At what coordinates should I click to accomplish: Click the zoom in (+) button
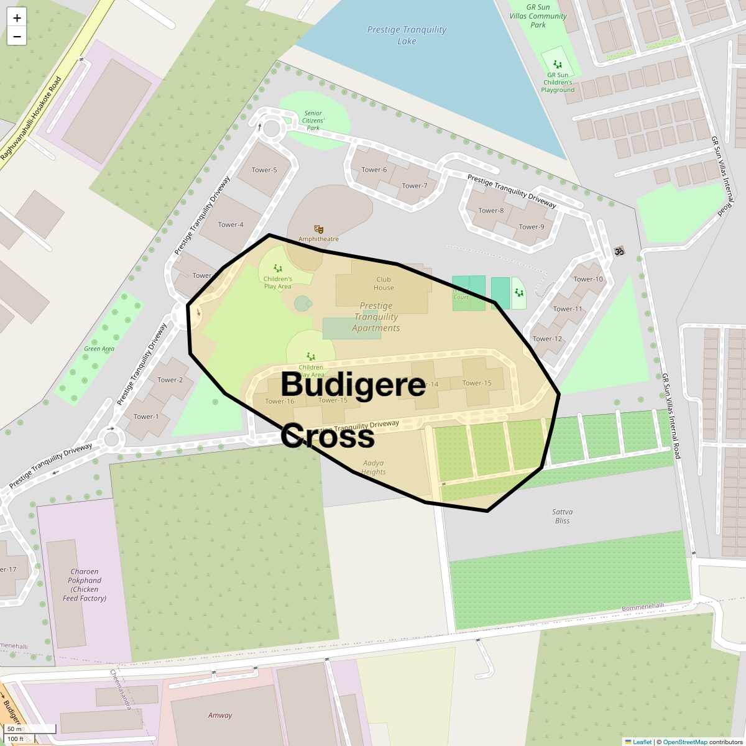[17, 18]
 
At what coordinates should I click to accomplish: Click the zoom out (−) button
[17, 36]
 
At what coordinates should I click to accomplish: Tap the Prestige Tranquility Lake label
[407, 35]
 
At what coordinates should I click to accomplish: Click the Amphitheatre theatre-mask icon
[319, 229]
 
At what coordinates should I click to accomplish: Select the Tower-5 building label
[264, 170]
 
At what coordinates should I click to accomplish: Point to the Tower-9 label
[531, 227]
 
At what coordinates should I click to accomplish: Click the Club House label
[384, 283]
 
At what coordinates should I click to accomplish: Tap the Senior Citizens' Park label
[313, 121]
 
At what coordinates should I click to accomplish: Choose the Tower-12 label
[547, 339]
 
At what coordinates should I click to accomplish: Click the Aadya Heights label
[374, 467]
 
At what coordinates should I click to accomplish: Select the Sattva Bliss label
[562, 516]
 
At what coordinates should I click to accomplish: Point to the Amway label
[220, 715]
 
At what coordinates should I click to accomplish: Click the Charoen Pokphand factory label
[85, 584]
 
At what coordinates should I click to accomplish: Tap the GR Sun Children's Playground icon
[558, 64]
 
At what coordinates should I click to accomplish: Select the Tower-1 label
[146, 417]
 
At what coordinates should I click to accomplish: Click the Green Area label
[99, 349]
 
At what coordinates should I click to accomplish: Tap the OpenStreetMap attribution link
[684, 742]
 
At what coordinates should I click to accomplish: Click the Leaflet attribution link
[642, 742]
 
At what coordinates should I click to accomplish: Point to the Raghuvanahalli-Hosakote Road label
[32, 118]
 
